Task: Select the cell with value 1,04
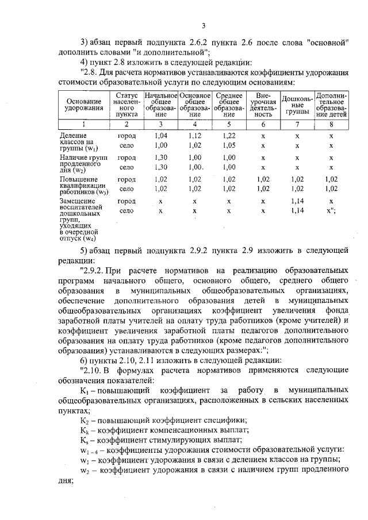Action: [161, 136]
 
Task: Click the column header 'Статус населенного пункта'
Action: [126, 105]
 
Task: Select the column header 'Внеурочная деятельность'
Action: [263, 105]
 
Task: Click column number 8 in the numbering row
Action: [331, 124]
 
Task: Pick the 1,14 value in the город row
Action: [297, 202]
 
